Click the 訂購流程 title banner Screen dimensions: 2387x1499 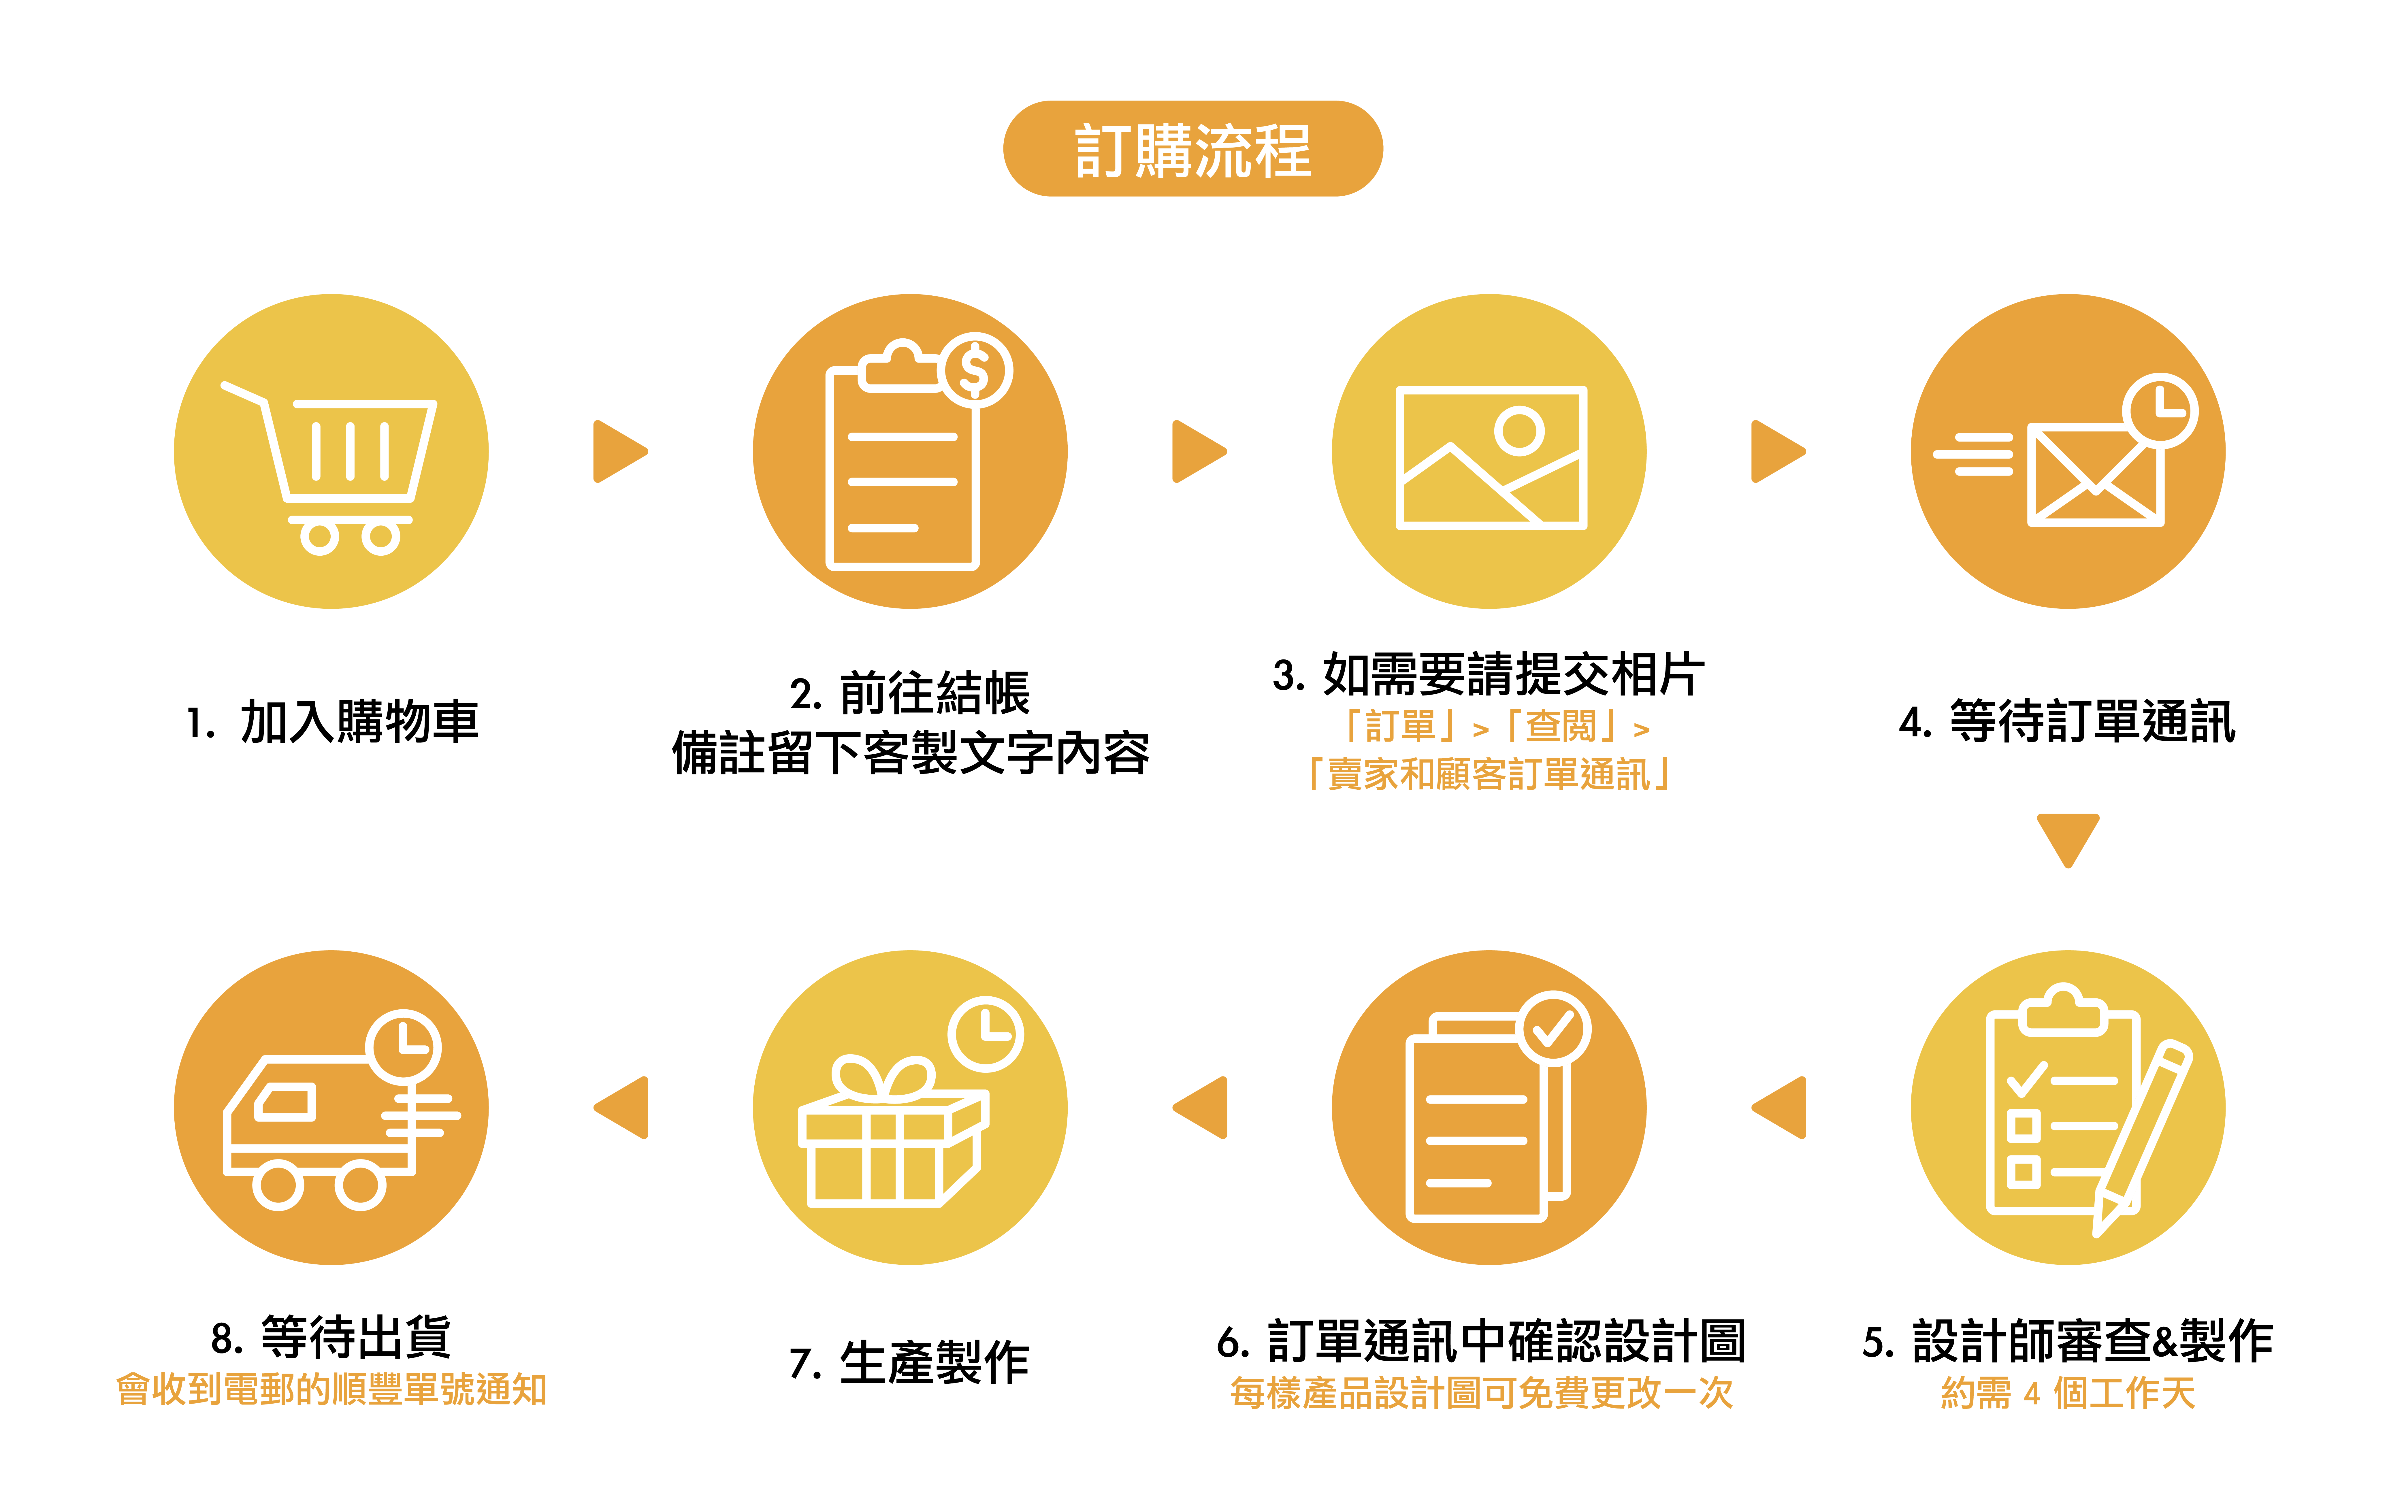[1192, 149]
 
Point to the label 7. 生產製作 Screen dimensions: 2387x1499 [910, 1362]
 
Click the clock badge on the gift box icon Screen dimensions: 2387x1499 [985, 1034]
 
